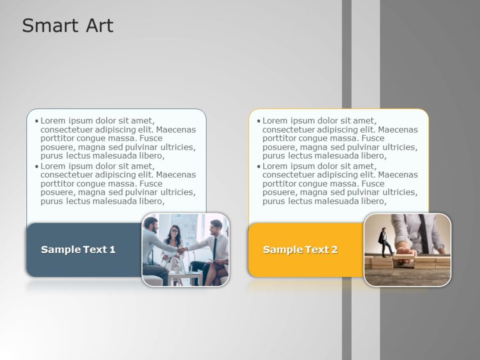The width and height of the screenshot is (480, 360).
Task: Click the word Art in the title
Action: pos(98,26)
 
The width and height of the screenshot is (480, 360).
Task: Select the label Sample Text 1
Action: pos(78,250)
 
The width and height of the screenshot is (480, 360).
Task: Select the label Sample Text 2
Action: pos(300,250)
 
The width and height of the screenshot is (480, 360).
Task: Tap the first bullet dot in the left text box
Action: pos(37,121)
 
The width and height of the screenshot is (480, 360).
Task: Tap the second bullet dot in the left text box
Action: pos(37,166)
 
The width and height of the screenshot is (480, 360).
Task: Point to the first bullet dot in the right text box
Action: pos(258,121)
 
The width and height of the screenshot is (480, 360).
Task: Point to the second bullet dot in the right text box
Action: pos(258,166)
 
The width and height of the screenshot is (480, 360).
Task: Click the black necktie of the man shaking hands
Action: pos(214,247)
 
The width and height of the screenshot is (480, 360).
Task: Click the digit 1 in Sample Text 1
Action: pos(113,250)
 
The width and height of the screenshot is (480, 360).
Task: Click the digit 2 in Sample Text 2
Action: pos(334,250)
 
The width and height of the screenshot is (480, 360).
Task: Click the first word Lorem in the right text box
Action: pos(276,120)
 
